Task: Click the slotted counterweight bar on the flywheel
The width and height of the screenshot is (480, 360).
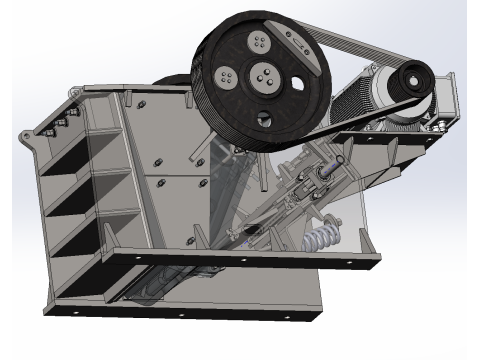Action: coord(298,41)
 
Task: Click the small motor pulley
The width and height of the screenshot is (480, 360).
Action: coord(410,84)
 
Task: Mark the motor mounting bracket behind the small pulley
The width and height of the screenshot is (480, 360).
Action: coord(446,101)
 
